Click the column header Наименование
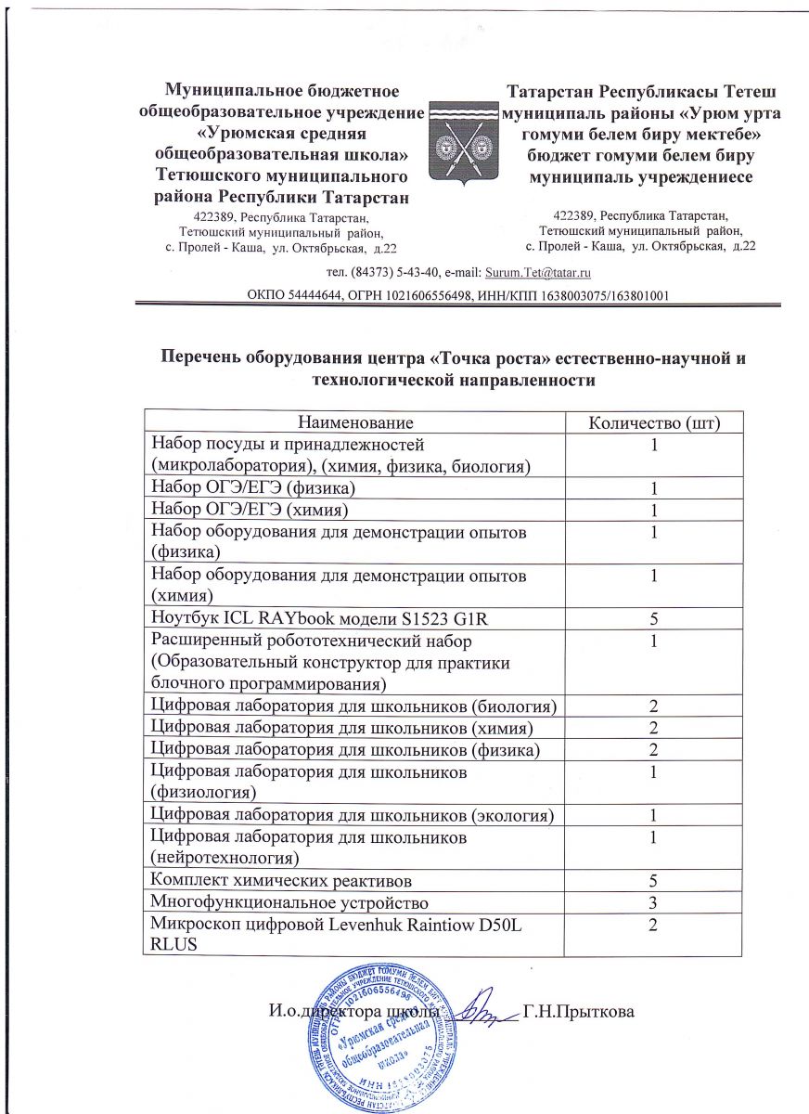[x=353, y=423]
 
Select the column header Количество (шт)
[x=654, y=423]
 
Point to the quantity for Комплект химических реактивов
[x=654, y=879]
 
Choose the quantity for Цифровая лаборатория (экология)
[x=654, y=815]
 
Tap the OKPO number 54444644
[x=315, y=295]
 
